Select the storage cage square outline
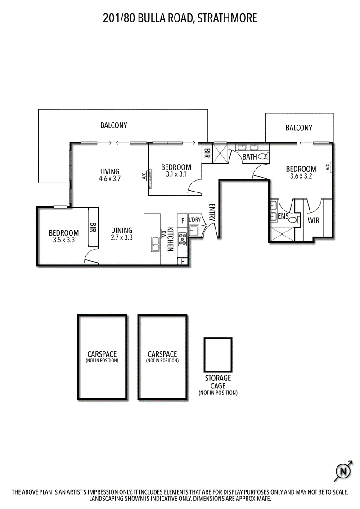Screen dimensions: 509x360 click(x=218, y=355)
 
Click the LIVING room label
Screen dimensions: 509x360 click(x=110, y=171)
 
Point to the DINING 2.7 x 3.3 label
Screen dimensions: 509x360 click(x=121, y=233)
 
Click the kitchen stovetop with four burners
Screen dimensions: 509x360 click(x=182, y=239)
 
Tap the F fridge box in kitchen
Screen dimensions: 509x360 click(x=182, y=221)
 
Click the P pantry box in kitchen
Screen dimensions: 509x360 click(x=183, y=261)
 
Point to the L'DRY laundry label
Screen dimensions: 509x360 click(x=195, y=220)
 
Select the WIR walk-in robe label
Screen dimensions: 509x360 click(x=314, y=221)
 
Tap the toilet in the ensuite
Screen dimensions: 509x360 click(x=292, y=220)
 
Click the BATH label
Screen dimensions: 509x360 click(x=250, y=157)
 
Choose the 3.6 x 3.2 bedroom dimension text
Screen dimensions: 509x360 click(x=301, y=176)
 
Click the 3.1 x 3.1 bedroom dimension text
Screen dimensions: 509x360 click(x=176, y=174)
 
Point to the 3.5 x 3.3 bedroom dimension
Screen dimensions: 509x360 click(x=63, y=240)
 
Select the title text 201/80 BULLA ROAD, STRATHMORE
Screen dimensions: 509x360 click(x=180, y=18)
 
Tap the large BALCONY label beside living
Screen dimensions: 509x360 click(x=114, y=125)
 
